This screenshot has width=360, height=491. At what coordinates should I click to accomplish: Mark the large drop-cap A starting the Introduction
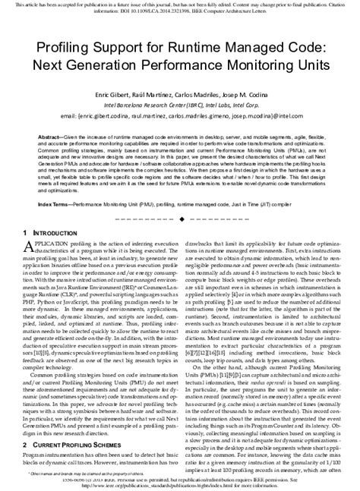point(27,247)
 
